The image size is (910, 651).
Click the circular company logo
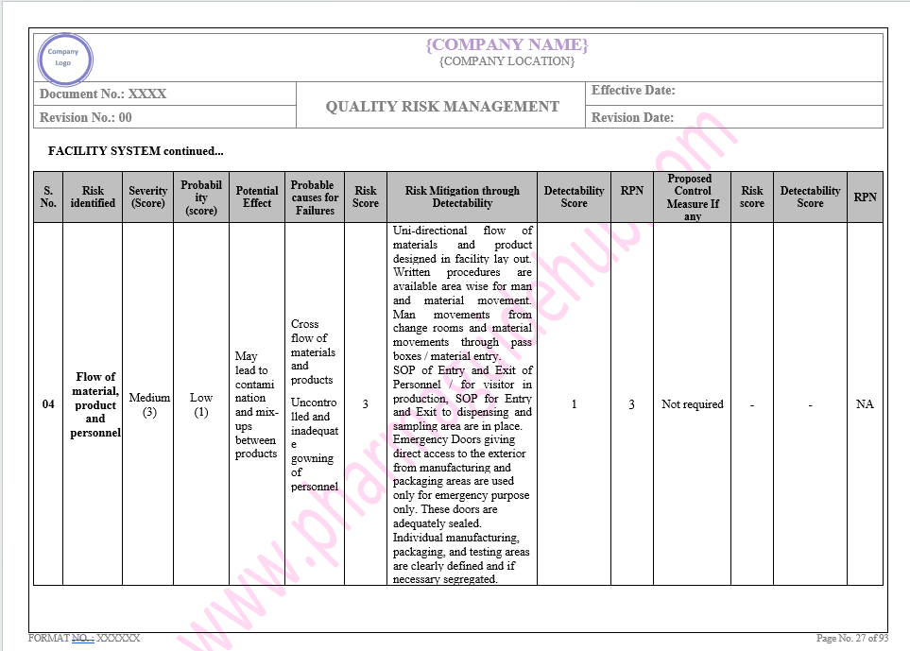click(65, 57)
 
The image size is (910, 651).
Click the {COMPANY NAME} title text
click(507, 44)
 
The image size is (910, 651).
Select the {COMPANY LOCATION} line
click(507, 61)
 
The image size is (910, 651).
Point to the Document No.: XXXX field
click(103, 94)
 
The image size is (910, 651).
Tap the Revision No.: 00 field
click(86, 117)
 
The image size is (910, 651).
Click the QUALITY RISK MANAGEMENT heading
click(442, 107)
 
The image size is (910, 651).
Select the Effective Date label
click(633, 91)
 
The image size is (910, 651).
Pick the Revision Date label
click(632, 118)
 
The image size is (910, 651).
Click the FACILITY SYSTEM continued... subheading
click(136, 151)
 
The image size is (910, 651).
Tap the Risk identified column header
click(93, 197)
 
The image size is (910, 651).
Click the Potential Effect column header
click(257, 197)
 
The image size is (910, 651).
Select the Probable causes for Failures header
click(315, 197)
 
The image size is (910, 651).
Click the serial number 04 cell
click(48, 404)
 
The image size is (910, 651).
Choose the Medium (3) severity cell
click(148, 404)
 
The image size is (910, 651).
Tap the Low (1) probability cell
click(201, 404)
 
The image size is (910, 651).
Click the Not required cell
click(693, 404)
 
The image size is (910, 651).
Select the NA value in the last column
click(865, 404)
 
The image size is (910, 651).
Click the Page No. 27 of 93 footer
click(852, 639)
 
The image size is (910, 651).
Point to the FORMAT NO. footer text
click(84, 639)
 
